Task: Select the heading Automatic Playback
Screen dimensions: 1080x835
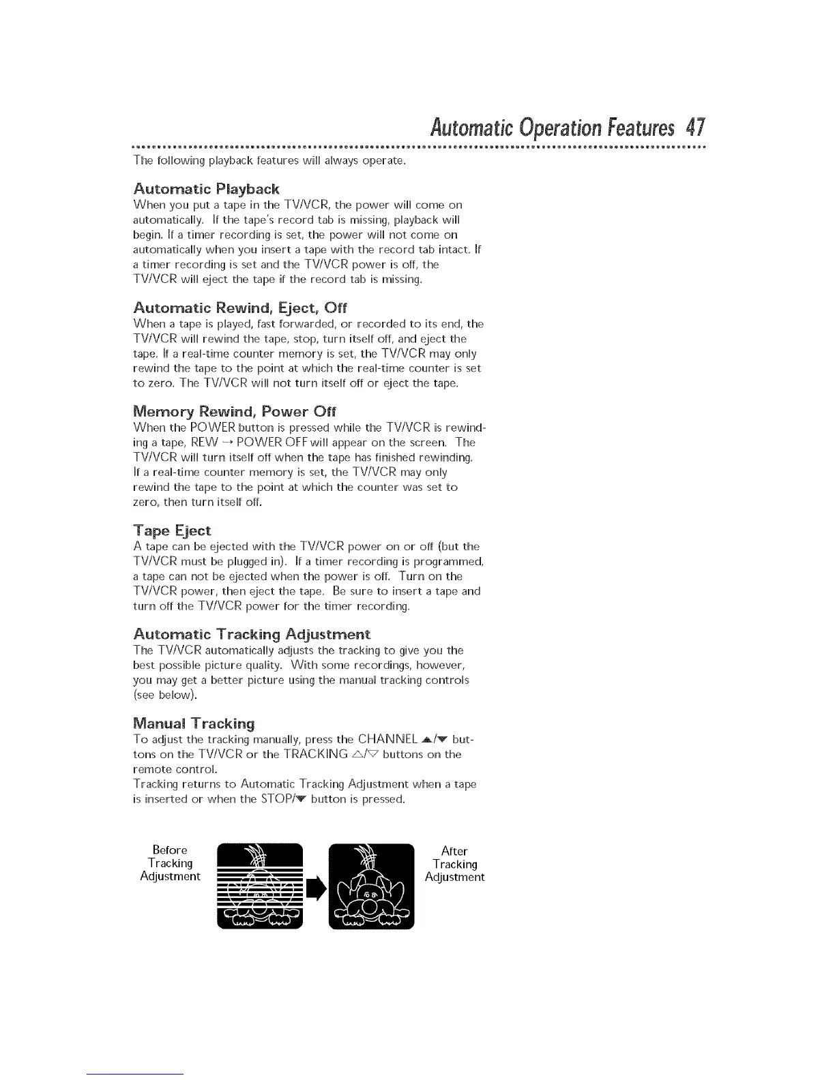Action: (206, 189)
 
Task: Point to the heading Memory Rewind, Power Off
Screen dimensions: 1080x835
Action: (235, 412)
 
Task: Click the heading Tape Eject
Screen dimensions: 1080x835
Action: (172, 530)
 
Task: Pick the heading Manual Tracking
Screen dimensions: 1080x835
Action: (194, 723)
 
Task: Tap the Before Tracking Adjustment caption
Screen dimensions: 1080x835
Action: (170, 863)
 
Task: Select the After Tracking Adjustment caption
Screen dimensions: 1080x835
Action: (454, 864)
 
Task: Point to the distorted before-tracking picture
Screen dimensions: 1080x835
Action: (260, 886)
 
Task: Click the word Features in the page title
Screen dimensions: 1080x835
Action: (634, 128)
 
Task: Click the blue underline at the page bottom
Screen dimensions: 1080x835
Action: (135, 1074)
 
